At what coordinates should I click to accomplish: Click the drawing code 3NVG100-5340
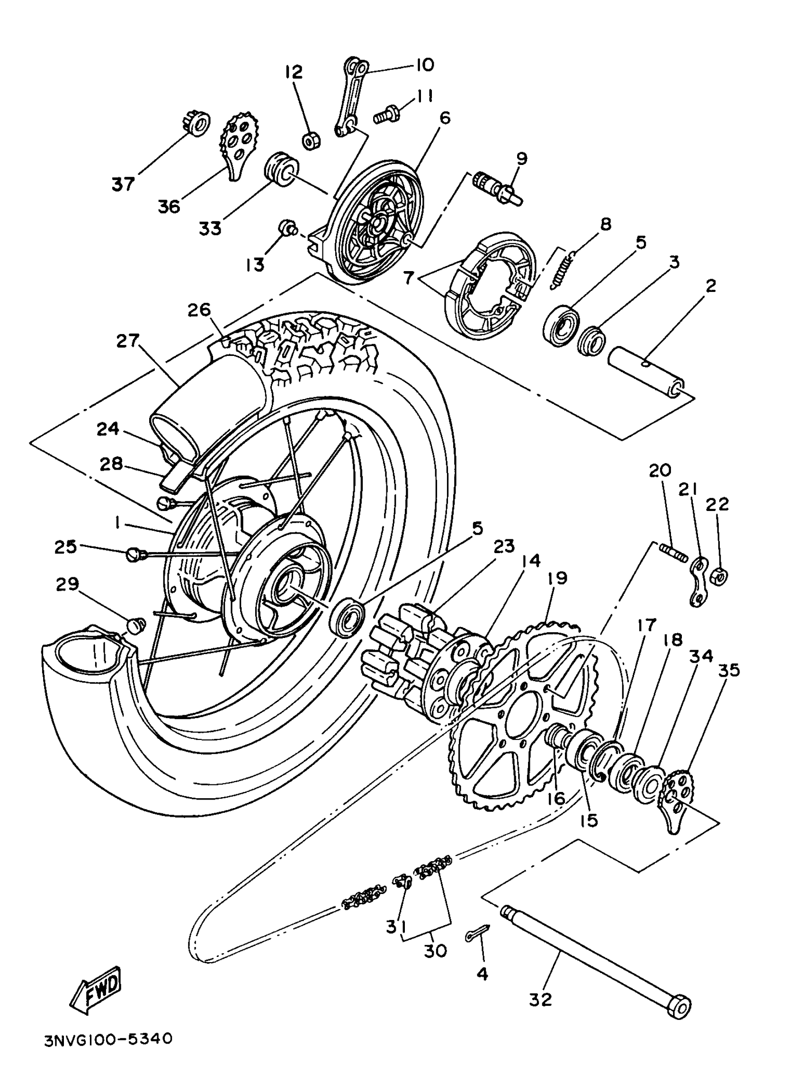coord(107,1039)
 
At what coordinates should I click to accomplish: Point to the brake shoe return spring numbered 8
coord(562,268)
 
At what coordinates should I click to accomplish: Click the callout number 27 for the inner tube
coord(127,340)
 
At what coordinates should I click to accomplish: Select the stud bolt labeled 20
coord(673,553)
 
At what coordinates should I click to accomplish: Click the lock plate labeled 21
coord(699,581)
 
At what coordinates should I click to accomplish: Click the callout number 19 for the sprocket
coord(557,578)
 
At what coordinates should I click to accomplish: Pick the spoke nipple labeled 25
coord(134,554)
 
